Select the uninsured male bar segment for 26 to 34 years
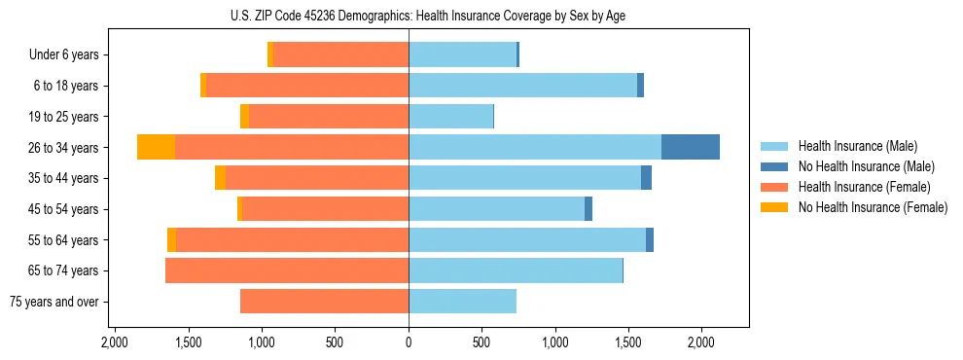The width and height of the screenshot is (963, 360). pos(691,147)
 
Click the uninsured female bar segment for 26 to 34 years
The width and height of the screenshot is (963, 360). pos(156,147)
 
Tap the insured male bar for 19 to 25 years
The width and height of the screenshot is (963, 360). pos(450,116)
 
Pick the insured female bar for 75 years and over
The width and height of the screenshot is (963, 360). pos(324,302)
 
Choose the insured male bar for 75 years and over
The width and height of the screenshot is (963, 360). pos(462,302)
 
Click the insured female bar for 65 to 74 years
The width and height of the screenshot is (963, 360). pos(287,270)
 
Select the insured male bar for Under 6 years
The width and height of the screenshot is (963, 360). pos(462,54)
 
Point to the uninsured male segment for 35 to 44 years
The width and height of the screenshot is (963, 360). pos(646,178)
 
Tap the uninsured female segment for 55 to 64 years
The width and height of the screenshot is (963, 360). pos(171,239)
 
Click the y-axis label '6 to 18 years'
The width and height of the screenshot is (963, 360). pos(66,86)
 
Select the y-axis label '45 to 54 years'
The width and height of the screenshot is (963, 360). pos(63,209)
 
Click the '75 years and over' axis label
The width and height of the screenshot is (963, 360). pos(53,302)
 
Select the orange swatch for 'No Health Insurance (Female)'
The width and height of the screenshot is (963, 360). pos(774,207)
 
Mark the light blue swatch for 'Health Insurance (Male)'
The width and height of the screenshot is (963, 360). pos(774,146)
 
